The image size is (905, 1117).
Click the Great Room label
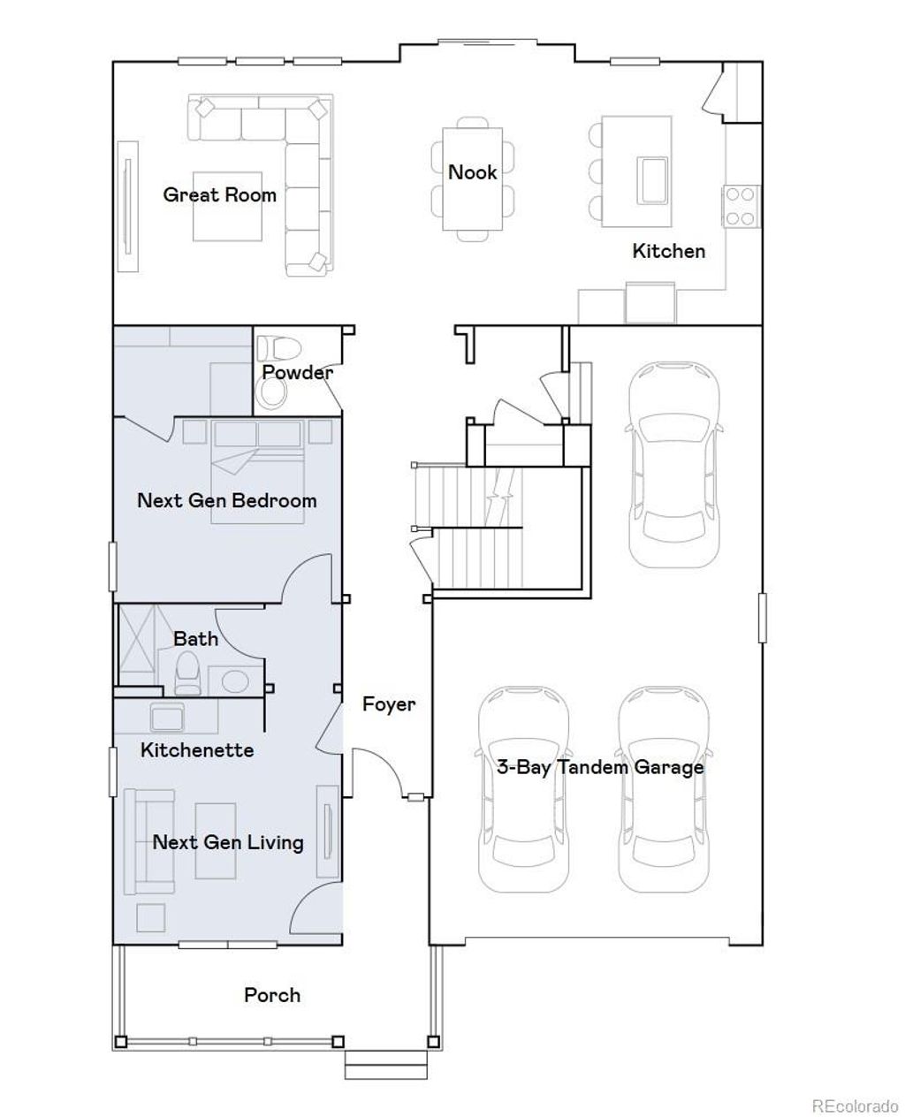[x=219, y=195]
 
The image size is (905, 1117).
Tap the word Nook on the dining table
[x=472, y=172]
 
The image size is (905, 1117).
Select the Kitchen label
[x=668, y=251]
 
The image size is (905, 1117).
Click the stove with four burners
[x=740, y=206]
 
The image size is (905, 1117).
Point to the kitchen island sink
[x=653, y=179]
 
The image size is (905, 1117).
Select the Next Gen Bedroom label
[x=226, y=501]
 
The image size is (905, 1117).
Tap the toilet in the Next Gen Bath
[x=187, y=674]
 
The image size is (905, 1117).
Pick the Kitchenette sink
[x=166, y=717]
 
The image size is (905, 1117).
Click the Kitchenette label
[x=197, y=750]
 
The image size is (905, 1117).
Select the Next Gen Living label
[x=228, y=842]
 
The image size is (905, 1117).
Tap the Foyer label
[x=388, y=704]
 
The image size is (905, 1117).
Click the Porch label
[x=272, y=995]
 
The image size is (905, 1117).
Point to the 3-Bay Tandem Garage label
[x=599, y=767]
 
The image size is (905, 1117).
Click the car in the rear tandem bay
[x=671, y=463]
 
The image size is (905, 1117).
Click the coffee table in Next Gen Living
[x=216, y=840]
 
